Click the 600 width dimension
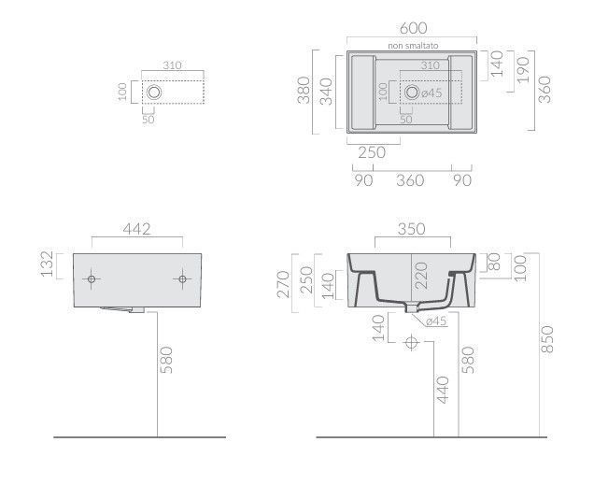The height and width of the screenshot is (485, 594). [414, 28]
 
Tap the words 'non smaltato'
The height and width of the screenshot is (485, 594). [413, 46]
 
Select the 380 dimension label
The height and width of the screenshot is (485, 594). [304, 91]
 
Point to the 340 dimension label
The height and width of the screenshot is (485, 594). [326, 92]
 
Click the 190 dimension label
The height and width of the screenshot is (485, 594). [523, 70]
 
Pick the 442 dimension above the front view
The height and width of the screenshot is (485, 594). [136, 229]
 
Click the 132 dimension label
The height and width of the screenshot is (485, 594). [48, 264]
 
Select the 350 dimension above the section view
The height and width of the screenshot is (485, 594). [412, 229]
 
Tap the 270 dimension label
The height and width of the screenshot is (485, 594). [284, 284]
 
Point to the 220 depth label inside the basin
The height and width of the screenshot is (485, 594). [421, 276]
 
